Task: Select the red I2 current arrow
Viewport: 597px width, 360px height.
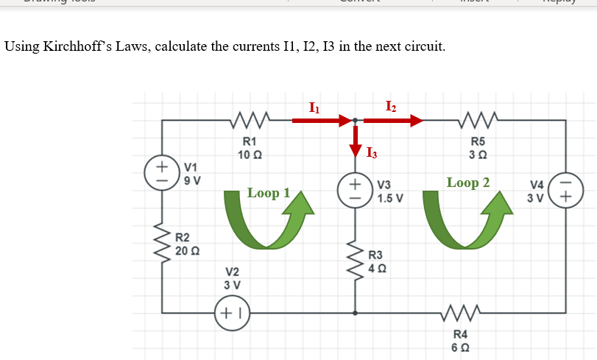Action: pyautogui.click(x=393, y=119)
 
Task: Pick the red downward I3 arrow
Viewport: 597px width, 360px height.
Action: pyautogui.click(x=356, y=141)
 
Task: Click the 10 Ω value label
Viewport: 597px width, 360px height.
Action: pyautogui.click(x=249, y=154)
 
